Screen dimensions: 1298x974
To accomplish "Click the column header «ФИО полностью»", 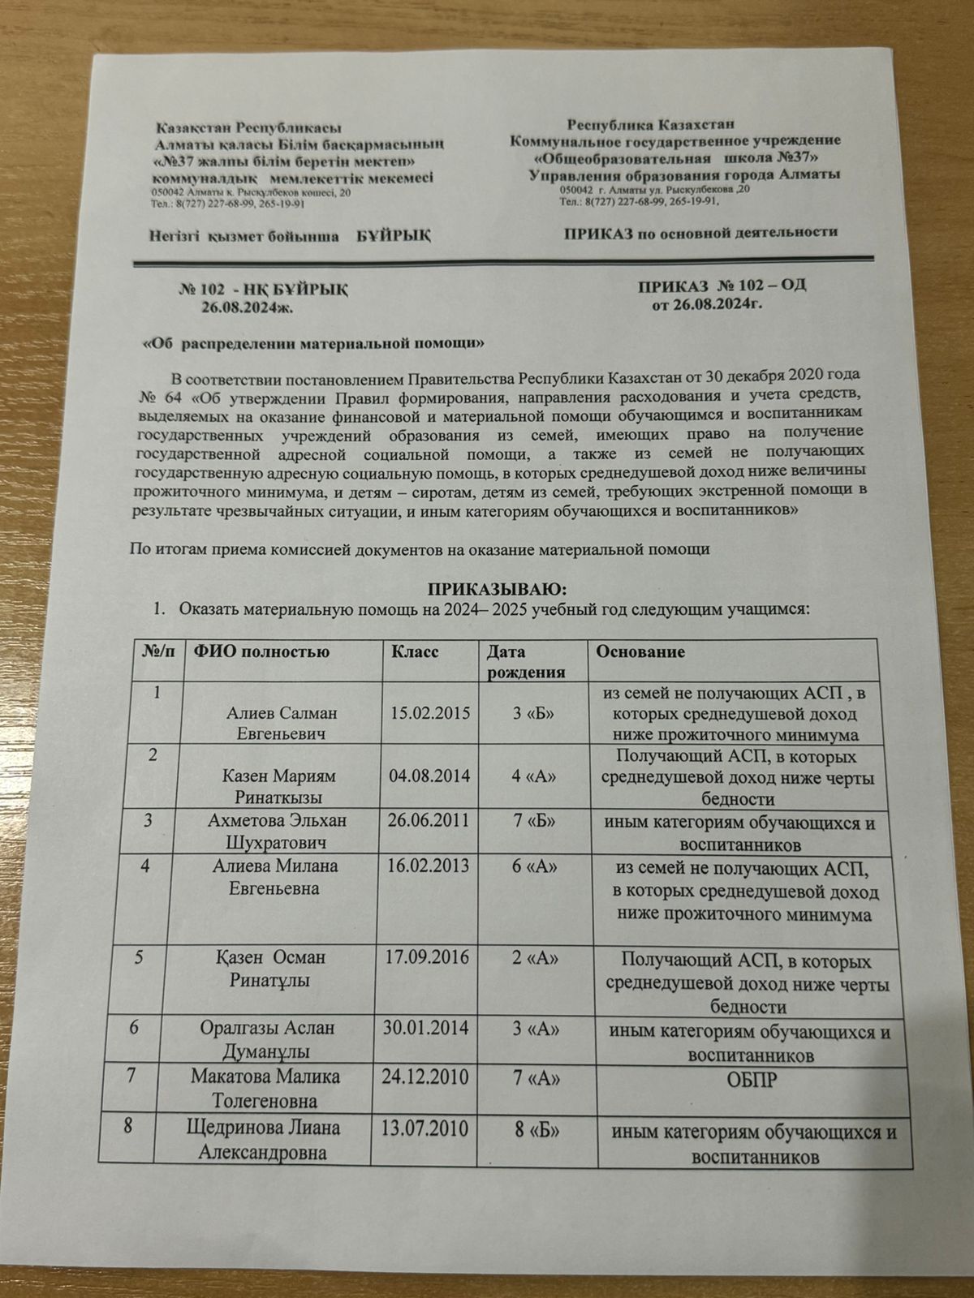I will [x=258, y=652].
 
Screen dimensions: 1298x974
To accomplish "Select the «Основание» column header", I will [x=640, y=651].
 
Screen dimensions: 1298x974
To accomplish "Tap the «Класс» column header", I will [x=415, y=652].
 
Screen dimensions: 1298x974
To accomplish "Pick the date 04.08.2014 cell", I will [x=429, y=775].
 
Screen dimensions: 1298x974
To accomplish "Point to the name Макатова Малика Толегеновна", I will [x=265, y=1089].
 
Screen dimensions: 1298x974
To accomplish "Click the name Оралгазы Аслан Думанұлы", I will [x=269, y=1039].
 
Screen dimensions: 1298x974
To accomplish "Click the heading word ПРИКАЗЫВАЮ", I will [x=495, y=587].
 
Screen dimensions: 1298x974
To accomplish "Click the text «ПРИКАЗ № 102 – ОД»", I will [x=722, y=286].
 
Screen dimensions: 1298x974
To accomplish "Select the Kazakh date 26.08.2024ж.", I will [x=247, y=307].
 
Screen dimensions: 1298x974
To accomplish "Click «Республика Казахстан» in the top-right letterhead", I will [x=651, y=125].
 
